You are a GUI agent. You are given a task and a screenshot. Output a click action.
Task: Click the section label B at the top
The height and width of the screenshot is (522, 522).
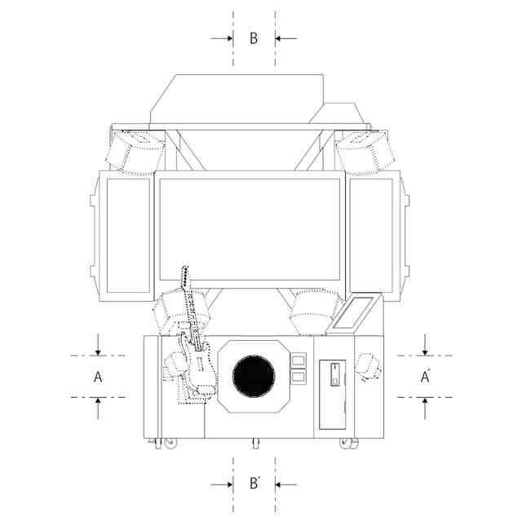point(254,38)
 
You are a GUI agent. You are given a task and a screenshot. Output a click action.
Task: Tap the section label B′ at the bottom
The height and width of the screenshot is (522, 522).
point(254,483)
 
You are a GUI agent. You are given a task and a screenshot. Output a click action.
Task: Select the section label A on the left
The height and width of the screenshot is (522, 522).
point(98,377)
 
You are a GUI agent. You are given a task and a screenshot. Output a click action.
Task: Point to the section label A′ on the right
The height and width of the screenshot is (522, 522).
point(425,377)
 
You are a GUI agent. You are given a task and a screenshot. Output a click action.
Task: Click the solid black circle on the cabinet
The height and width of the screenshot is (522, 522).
point(254,376)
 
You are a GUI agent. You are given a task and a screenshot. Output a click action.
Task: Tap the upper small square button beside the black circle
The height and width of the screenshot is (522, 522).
point(298,361)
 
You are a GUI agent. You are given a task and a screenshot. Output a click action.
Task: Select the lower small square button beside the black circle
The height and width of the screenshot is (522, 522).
point(298,377)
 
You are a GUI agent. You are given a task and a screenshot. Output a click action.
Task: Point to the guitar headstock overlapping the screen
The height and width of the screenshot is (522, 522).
point(184,277)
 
